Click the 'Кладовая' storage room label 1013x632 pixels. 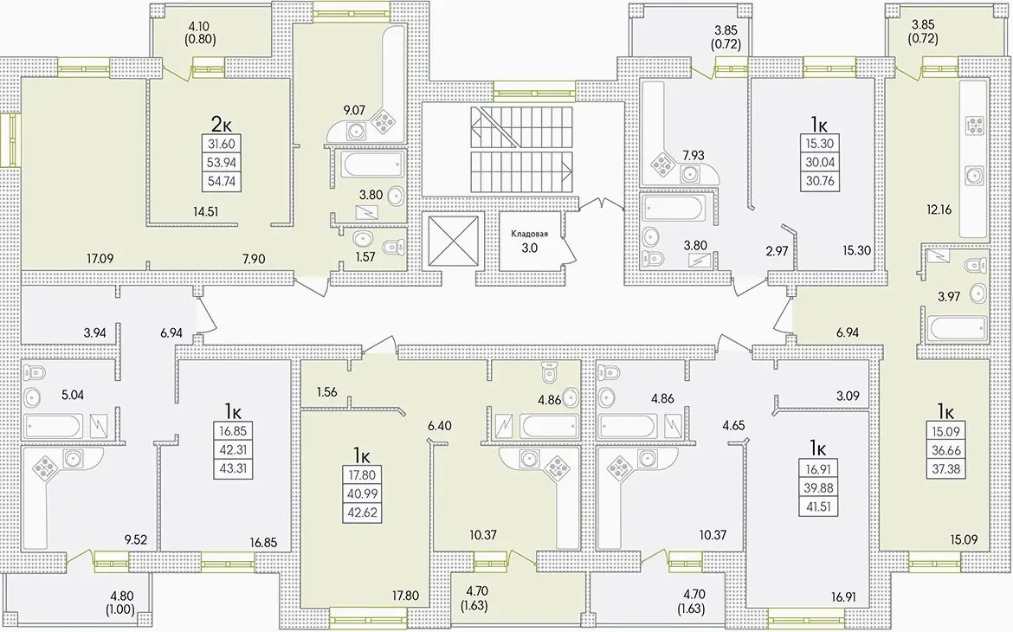[x=529, y=234]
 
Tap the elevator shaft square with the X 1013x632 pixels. [x=455, y=241]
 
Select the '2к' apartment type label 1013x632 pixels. [x=222, y=123]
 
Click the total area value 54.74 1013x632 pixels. [x=222, y=182]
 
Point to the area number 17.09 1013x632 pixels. [x=100, y=259]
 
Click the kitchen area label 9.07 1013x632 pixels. [x=353, y=111]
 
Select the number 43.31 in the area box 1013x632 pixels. [x=233, y=468]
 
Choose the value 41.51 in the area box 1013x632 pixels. [x=818, y=506]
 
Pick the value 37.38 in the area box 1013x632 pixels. [x=945, y=468]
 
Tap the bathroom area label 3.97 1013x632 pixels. [x=949, y=297]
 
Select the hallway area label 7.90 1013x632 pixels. [x=253, y=259]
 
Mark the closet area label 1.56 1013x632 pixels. [x=327, y=391]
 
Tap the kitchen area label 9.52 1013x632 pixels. [x=136, y=540]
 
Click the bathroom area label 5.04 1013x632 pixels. [x=73, y=394]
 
